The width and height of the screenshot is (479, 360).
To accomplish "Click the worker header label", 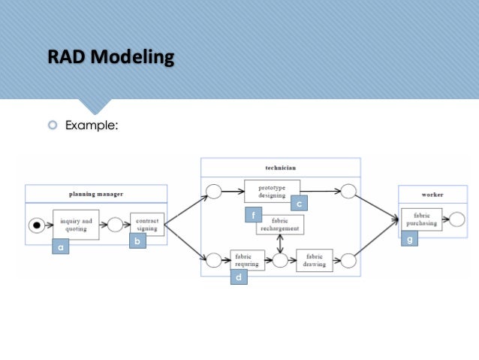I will click(432, 195).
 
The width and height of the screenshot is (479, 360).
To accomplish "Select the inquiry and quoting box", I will click(76, 223).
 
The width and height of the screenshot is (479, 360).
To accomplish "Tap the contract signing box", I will click(146, 224).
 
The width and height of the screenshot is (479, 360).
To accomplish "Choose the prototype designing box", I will click(272, 190).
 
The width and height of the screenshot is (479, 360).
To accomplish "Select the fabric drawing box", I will click(314, 260).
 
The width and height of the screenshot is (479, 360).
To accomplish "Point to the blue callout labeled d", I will click(239, 277).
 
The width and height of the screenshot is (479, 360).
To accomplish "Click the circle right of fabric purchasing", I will click(456, 219).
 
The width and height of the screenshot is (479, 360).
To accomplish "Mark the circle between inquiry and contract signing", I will click(115, 224).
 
